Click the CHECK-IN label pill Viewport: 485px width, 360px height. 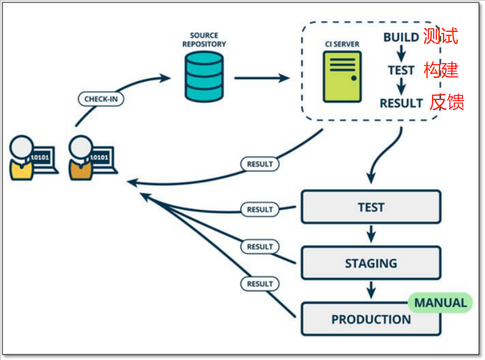tap(101, 99)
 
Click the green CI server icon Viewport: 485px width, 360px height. tap(342, 77)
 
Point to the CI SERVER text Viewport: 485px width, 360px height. tap(342, 44)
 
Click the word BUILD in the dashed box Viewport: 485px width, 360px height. tap(401, 37)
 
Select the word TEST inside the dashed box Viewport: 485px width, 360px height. tap(401, 71)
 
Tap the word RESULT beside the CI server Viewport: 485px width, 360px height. tap(401, 103)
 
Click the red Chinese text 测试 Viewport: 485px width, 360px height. tap(440, 36)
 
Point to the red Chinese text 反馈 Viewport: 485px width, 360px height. tap(446, 102)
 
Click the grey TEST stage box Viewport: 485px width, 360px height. tap(371, 207)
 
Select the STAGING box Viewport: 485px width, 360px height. tap(371, 263)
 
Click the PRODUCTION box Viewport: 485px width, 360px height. tap(371, 319)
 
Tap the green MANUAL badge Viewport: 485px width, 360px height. tap(440, 303)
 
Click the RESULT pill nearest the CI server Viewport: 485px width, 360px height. tap(260, 164)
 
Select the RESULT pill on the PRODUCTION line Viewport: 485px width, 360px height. tap(260, 284)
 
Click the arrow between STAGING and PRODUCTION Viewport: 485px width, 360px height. tap(371, 290)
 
